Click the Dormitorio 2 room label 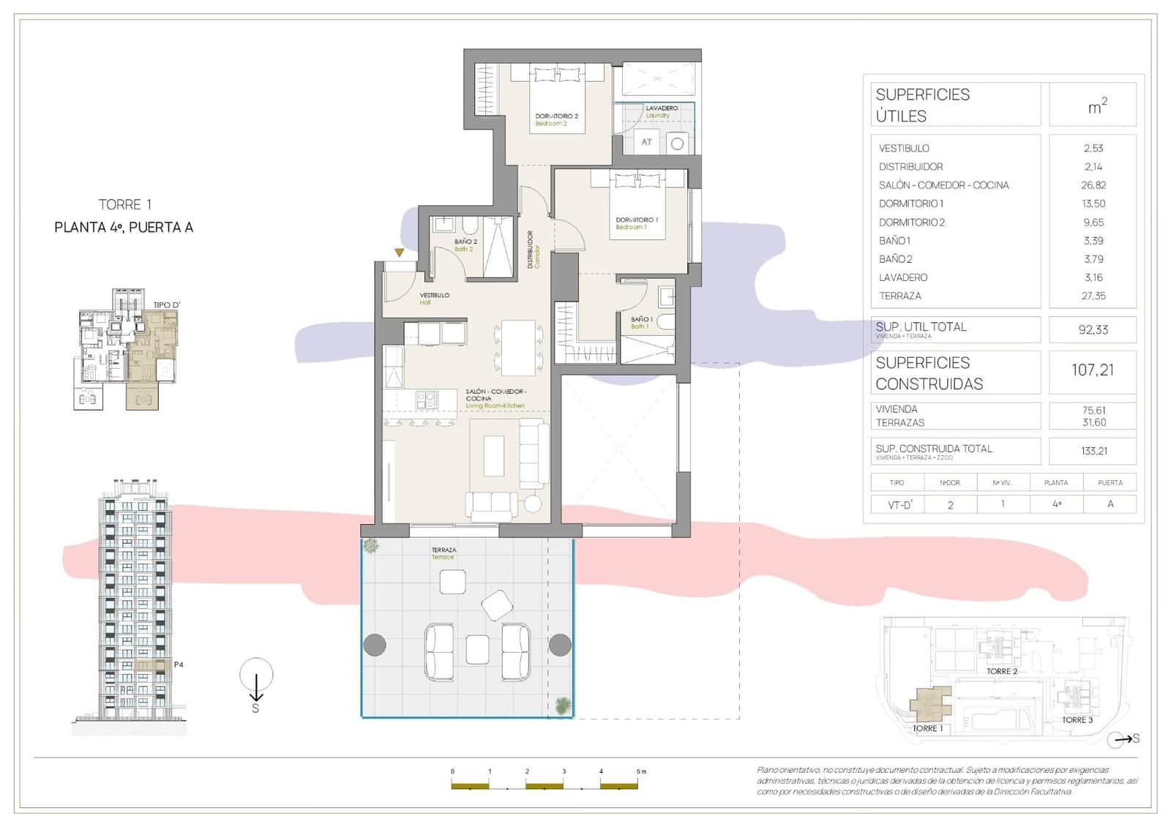tap(556, 119)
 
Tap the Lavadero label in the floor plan tap(661, 111)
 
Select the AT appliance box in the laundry tap(646, 142)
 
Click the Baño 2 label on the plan tap(465, 245)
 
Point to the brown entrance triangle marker tap(399, 252)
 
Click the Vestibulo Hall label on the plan tap(434, 298)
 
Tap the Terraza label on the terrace tap(444, 553)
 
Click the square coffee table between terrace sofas tap(477, 649)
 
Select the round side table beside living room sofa tap(533, 504)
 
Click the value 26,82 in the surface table tap(1093, 185)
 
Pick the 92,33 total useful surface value tap(1093, 330)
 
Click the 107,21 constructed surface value tap(1092, 370)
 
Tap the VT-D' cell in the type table tap(899, 504)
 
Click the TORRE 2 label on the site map tap(1001, 671)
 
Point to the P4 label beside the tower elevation tap(179, 665)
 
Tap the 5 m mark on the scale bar tap(641, 771)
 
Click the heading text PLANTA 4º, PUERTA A tap(124, 228)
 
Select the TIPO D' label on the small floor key tap(166, 304)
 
